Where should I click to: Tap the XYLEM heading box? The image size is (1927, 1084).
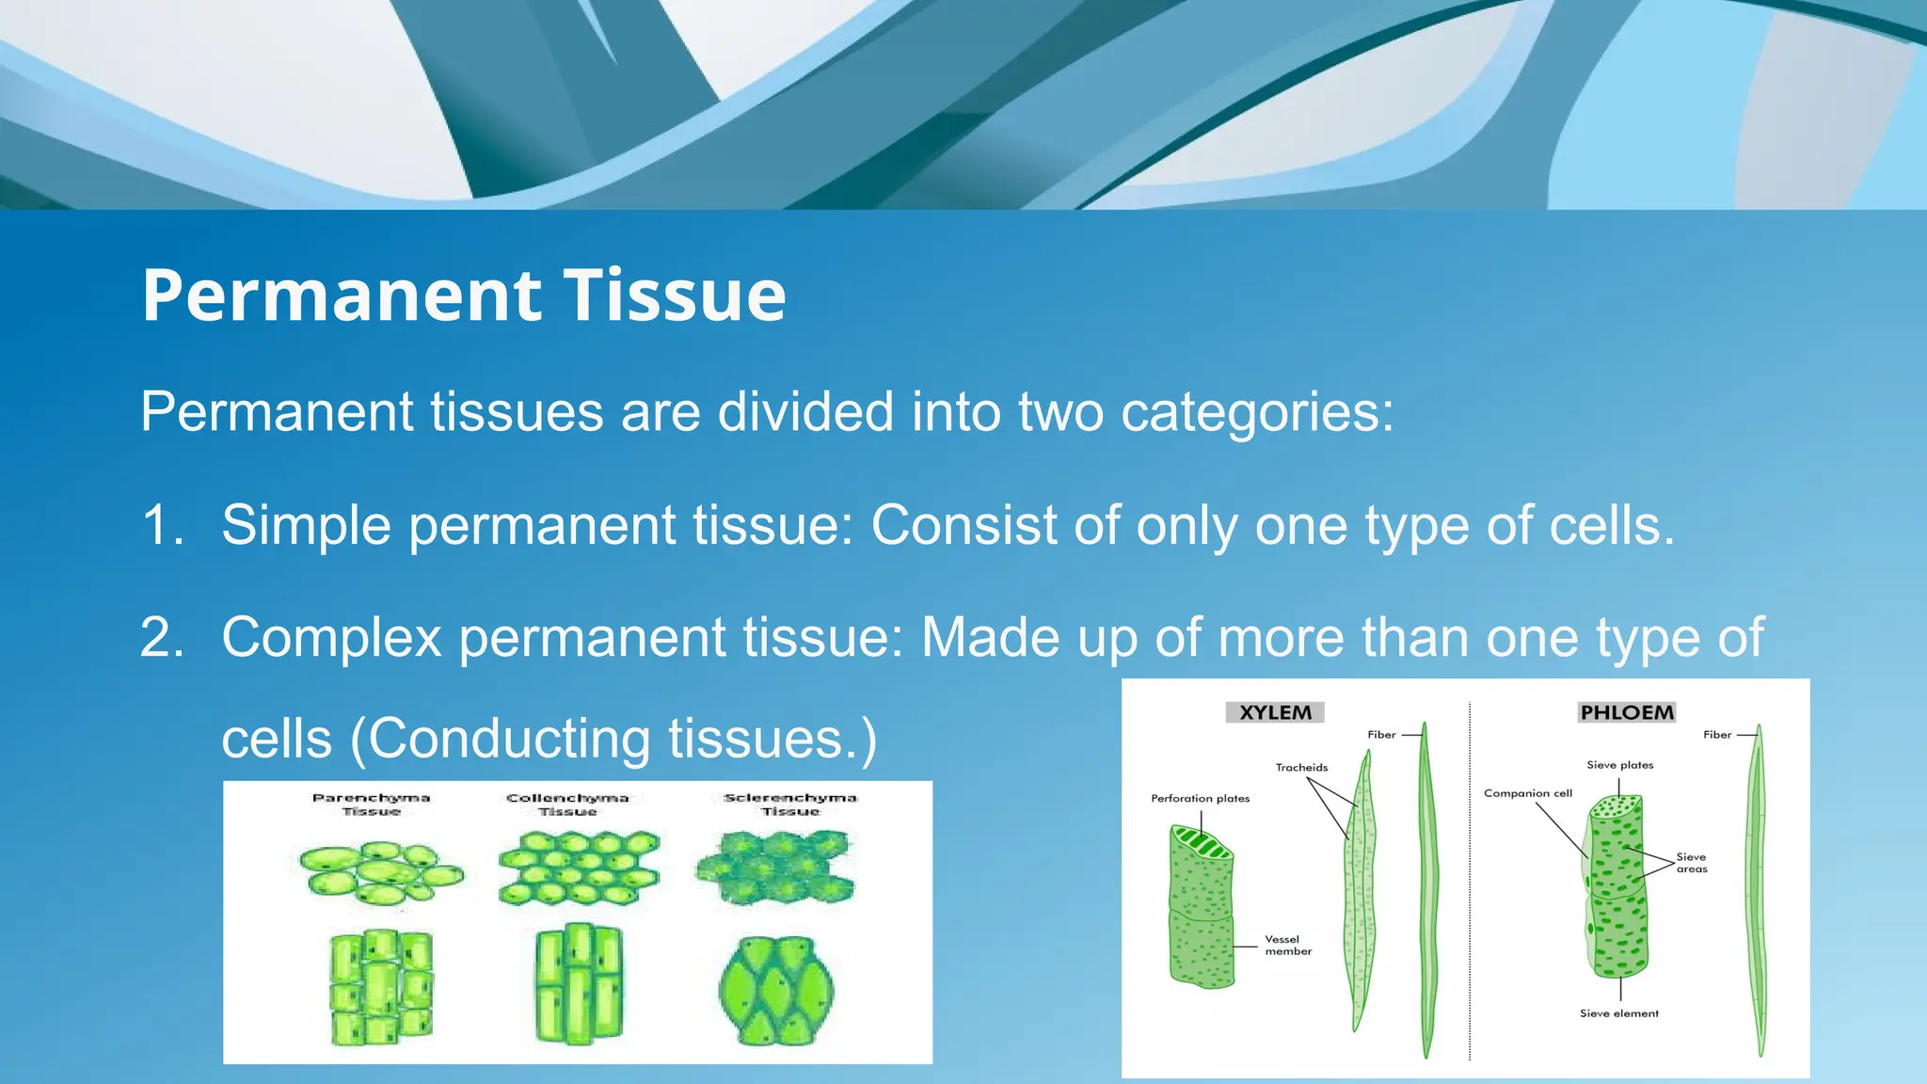click(x=1275, y=712)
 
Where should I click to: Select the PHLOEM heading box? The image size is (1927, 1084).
click(x=1627, y=712)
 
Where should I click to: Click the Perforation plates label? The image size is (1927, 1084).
click(x=1200, y=798)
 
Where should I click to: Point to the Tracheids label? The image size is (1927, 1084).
click(x=1301, y=767)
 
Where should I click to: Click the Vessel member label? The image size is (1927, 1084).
click(x=1287, y=945)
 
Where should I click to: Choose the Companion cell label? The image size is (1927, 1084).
click(x=1527, y=793)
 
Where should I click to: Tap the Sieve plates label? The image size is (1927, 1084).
click(x=1619, y=765)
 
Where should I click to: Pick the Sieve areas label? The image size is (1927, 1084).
click(x=1691, y=863)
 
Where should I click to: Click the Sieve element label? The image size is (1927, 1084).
click(x=1618, y=1013)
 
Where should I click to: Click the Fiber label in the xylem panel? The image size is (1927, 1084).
click(x=1381, y=735)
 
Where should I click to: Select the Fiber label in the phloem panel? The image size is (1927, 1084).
click(x=1716, y=735)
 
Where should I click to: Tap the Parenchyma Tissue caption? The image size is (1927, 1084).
click(x=371, y=804)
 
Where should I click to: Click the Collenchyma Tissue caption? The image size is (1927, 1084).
click(x=567, y=804)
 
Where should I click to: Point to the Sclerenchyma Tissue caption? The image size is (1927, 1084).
click(x=790, y=804)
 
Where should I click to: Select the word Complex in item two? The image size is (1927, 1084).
click(x=331, y=638)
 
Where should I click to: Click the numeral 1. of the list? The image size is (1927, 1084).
click(x=162, y=525)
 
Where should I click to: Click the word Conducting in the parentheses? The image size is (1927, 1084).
click(x=508, y=739)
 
